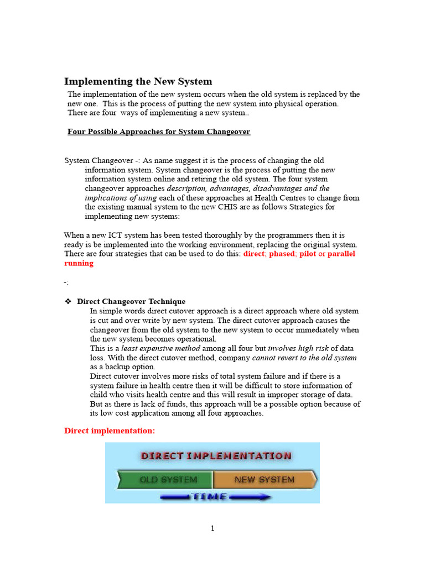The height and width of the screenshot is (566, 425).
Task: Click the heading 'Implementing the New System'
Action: coord(138,81)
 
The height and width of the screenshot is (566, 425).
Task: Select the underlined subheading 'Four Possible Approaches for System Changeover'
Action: coord(159,132)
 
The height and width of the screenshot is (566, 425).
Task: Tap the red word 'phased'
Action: coord(282,254)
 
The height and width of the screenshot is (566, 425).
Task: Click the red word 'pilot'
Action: coord(307,254)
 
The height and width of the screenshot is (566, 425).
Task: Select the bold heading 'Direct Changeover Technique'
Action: coord(131,302)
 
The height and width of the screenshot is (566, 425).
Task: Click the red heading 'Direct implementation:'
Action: coord(110,431)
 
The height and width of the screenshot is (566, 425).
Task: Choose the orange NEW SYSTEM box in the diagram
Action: coord(265,480)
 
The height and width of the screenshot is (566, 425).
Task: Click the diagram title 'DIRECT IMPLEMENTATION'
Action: coord(216,456)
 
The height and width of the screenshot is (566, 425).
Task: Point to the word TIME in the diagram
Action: coord(209,496)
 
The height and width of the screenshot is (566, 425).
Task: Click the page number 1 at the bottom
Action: coord(212,528)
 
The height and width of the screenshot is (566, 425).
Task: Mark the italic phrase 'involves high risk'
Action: coord(298,348)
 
